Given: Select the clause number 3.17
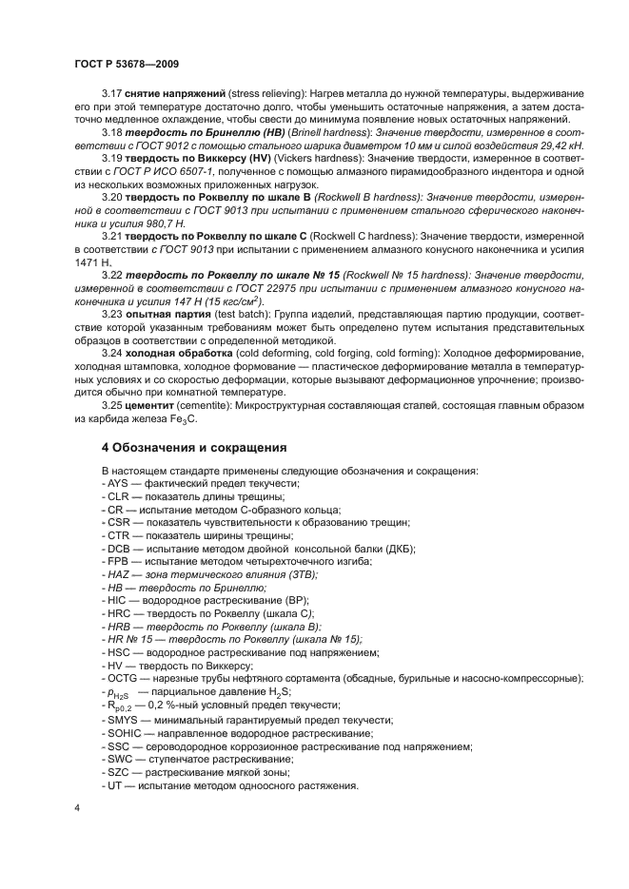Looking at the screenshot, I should pyautogui.click(x=112, y=95).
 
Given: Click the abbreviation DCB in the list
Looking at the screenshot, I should pyautogui.click(x=118, y=549).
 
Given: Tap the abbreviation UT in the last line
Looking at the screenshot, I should pyautogui.click(x=114, y=785).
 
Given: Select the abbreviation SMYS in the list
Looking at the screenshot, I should pyautogui.click(x=121, y=721).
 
